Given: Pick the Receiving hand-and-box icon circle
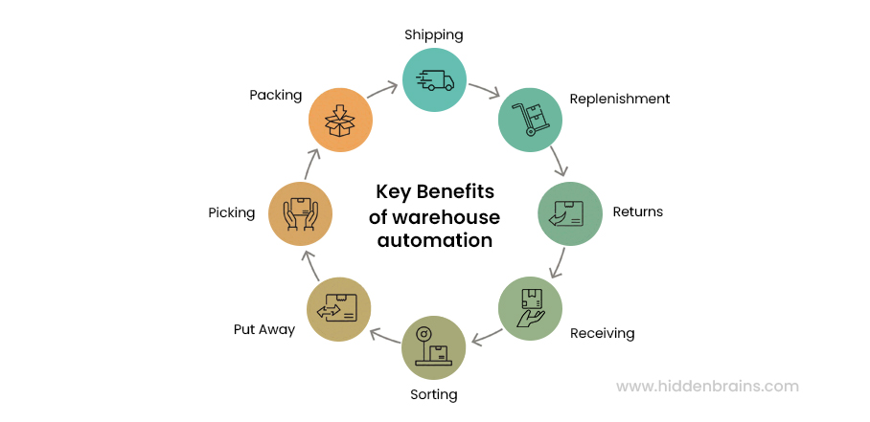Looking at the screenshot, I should (530, 308).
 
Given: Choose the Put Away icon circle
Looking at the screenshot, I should (338, 308).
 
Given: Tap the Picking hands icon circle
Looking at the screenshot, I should (300, 212).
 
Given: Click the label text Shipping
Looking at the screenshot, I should (433, 35).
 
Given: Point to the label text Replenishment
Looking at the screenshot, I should (619, 99).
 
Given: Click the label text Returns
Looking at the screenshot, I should (637, 212).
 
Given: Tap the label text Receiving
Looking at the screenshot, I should (602, 334).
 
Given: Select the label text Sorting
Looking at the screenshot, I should (433, 394).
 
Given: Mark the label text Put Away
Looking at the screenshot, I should (263, 330).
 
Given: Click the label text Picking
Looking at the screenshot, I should (231, 212).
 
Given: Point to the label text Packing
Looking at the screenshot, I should (275, 96).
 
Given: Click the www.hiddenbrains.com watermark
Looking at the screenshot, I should (706, 387).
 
